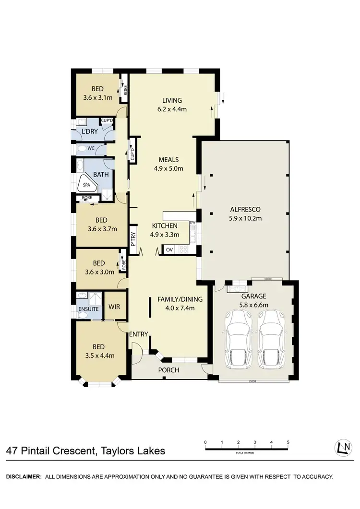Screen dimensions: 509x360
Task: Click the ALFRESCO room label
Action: (245, 209)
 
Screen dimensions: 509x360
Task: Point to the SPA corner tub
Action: (86, 185)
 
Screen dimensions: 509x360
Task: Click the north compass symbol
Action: (342, 448)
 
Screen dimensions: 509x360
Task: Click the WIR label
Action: (114, 306)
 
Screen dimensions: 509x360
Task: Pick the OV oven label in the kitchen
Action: (169, 250)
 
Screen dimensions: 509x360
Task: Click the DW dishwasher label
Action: (192, 222)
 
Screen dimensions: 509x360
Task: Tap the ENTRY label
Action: (139, 334)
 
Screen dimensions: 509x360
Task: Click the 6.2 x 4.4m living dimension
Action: (172, 109)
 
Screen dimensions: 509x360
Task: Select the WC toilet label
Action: (90, 148)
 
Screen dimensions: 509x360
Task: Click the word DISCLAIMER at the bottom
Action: (23, 477)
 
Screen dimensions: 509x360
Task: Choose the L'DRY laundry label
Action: (90, 131)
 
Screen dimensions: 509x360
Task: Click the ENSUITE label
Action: (88, 309)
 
